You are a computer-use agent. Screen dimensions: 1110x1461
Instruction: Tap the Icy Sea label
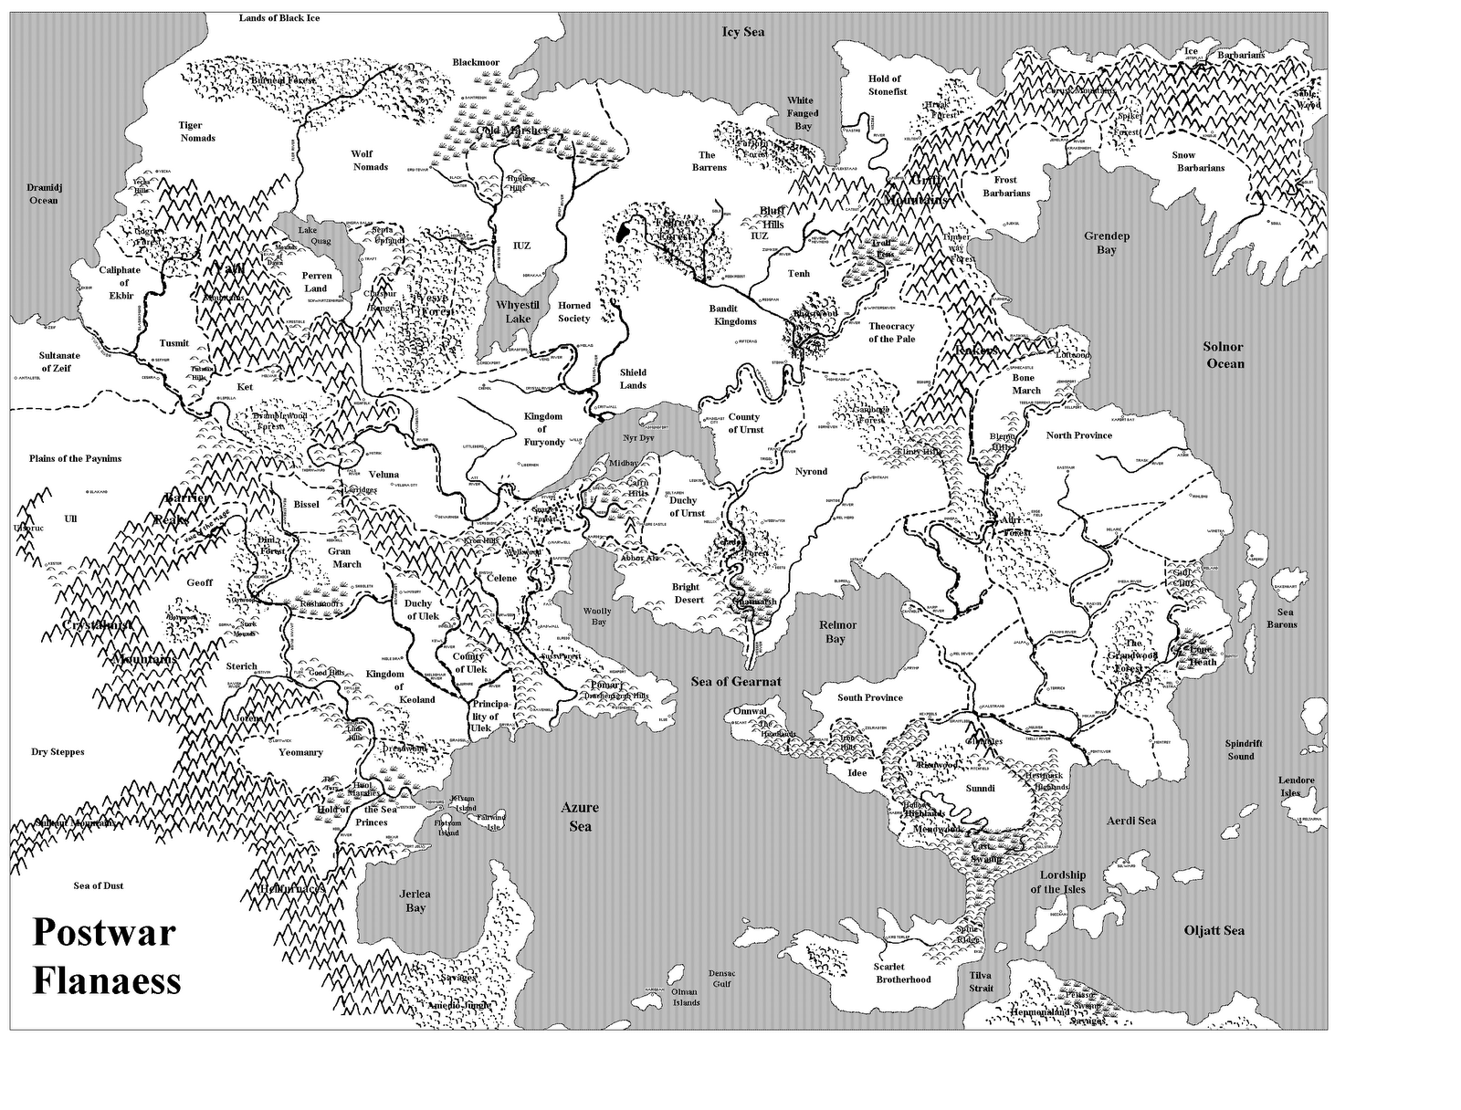tap(742, 32)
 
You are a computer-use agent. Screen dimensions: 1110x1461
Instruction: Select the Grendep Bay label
tap(1107, 243)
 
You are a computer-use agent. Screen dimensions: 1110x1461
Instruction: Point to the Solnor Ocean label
tap(1224, 355)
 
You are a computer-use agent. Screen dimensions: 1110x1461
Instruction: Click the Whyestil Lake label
tap(518, 312)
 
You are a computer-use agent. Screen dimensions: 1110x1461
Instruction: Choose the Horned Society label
tap(574, 312)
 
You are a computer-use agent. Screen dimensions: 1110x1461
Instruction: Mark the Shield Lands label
tap(633, 379)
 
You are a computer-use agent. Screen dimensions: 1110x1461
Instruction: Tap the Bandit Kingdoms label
tap(733, 315)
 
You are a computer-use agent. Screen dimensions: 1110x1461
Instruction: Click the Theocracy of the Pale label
tap(891, 332)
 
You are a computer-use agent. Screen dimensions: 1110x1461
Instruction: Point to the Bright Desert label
tap(686, 593)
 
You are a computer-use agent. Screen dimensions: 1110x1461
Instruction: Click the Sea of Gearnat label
tap(736, 682)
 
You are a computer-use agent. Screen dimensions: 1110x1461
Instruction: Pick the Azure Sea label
tap(581, 817)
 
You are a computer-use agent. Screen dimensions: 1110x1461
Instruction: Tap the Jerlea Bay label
tap(415, 901)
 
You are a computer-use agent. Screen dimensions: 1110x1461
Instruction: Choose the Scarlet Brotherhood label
tap(903, 973)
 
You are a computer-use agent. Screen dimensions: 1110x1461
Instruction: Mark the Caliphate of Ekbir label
tap(120, 282)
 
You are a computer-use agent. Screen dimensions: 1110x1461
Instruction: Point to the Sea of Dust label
tap(99, 885)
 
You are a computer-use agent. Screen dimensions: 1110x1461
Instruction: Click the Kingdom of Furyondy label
tap(543, 429)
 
